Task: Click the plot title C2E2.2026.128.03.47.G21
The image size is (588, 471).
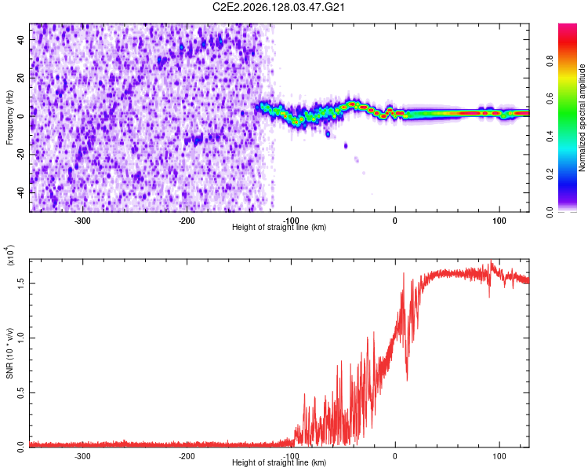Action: click(278, 7)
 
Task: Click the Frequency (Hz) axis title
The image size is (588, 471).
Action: click(9, 117)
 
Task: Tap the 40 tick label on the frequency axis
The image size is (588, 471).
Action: click(21, 40)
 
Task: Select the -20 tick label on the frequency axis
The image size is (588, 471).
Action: click(21, 153)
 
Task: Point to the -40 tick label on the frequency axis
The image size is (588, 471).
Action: click(21, 192)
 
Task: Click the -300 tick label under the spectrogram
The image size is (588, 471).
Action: click(82, 221)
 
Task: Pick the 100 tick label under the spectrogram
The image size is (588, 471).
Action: click(499, 221)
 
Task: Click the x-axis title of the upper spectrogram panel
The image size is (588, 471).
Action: click(279, 227)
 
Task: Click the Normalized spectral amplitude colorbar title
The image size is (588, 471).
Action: click(582, 118)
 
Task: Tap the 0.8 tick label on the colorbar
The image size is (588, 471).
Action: click(550, 60)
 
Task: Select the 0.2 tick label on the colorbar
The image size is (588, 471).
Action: click(550, 174)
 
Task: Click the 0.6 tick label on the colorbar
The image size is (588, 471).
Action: click(550, 98)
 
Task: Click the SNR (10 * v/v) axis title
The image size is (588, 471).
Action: click(9, 353)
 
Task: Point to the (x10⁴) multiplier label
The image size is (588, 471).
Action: click(10, 255)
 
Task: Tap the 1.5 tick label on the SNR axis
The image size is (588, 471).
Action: click(21, 283)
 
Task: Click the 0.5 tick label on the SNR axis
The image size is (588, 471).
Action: click(21, 392)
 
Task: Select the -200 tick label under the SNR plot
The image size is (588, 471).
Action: click(187, 456)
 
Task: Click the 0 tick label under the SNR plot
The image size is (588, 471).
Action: click(395, 456)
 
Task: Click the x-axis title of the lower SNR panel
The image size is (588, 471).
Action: click(279, 462)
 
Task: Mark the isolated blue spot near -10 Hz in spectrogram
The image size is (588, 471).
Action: click(328, 133)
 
